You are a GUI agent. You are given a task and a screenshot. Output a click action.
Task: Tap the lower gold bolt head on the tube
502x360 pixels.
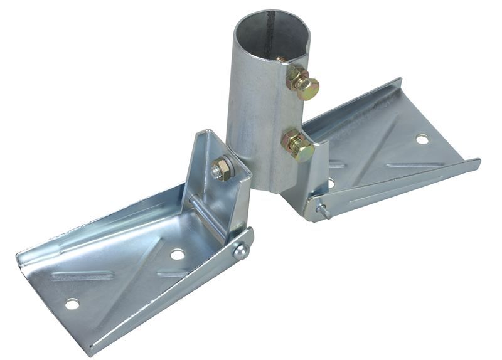click(299, 145)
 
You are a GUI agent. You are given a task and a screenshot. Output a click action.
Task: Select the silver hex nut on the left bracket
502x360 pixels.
click(220, 169)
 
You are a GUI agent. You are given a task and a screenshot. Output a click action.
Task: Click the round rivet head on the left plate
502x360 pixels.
click(240, 251)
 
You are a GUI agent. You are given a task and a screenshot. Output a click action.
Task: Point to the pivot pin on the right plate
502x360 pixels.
click(323, 211)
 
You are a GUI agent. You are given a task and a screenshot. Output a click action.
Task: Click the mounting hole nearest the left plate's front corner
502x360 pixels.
click(73, 304)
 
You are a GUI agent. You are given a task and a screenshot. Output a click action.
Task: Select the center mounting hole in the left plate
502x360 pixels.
click(178, 254)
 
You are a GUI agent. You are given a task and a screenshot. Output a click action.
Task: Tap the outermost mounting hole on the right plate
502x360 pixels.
click(422, 139)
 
